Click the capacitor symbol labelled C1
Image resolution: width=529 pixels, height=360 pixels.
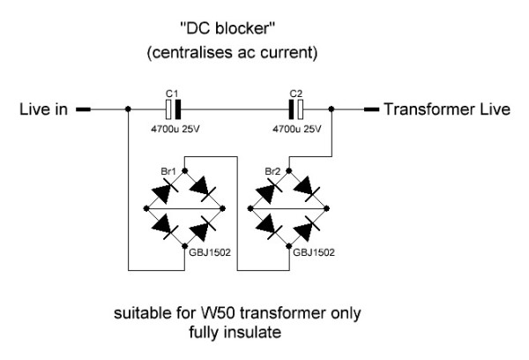[174, 110]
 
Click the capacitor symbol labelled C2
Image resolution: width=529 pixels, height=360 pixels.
[295, 110]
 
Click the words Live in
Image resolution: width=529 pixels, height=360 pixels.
[43, 110]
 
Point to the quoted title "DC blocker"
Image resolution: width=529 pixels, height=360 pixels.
[232, 33]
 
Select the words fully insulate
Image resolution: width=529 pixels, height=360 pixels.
[233, 333]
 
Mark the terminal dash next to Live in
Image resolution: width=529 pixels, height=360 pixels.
[83, 110]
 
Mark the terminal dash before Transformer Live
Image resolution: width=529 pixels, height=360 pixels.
[371, 110]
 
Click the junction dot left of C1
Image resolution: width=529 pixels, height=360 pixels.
[129, 110]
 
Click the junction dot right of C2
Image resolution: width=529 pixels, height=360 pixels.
[332, 110]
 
